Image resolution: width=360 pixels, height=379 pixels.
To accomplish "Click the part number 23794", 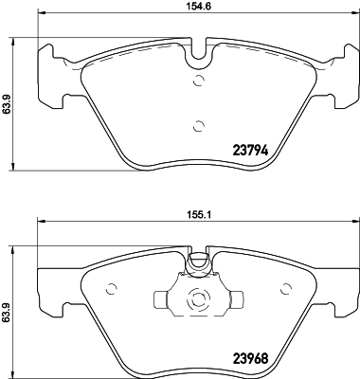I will click(x=251, y=148).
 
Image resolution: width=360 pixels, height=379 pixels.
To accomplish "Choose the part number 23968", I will click(x=252, y=360).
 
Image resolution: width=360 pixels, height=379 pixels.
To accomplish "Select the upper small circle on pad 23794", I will click(x=198, y=81).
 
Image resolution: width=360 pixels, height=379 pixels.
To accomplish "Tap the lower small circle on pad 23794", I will click(x=197, y=125).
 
